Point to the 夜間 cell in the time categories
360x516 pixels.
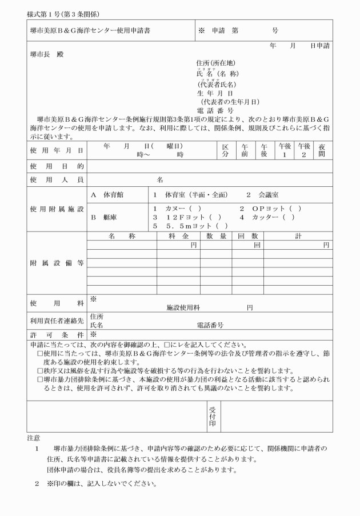322,150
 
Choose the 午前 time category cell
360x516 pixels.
245,150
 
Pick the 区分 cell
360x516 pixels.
225,150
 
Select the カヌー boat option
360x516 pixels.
181,209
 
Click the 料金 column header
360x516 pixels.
178,235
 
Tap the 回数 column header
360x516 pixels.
248,235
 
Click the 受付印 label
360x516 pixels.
212,417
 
